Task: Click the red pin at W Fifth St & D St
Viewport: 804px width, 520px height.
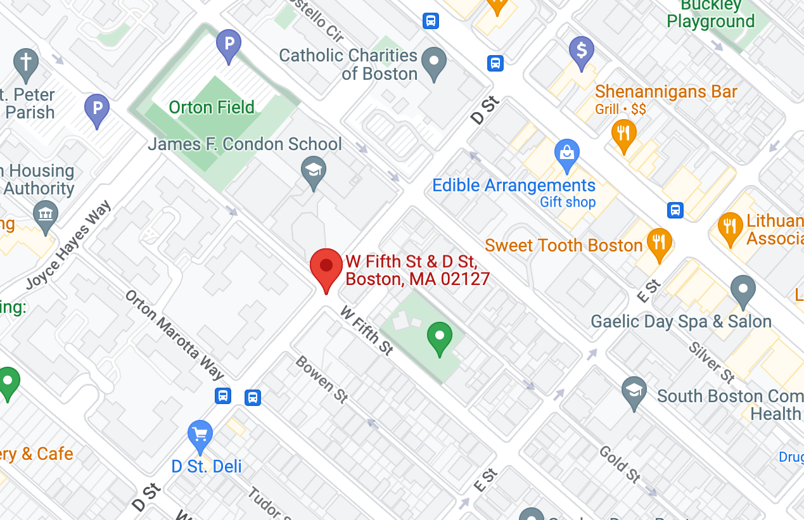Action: click(326, 267)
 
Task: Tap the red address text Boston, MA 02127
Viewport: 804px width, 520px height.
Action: click(418, 279)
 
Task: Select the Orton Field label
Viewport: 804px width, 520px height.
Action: click(212, 107)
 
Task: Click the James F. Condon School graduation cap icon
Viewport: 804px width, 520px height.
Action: click(313, 170)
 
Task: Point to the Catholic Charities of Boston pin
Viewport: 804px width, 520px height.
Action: click(434, 61)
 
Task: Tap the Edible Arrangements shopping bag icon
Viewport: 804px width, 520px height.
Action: click(567, 153)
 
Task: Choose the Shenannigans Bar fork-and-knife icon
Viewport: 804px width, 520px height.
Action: click(624, 134)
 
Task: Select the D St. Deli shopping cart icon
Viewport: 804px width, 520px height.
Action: click(200, 435)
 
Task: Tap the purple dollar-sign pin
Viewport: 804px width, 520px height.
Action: click(581, 49)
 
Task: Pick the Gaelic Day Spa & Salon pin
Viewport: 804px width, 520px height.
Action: click(743, 289)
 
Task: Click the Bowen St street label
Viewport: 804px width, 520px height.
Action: click(322, 379)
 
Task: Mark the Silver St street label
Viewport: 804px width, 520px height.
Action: click(711, 362)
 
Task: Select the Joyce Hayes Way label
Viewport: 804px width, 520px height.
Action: click(68, 245)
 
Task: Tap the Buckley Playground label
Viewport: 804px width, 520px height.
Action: click(711, 14)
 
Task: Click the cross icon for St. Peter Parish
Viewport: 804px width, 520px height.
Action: click(26, 62)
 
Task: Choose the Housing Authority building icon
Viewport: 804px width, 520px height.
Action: click(45, 213)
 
